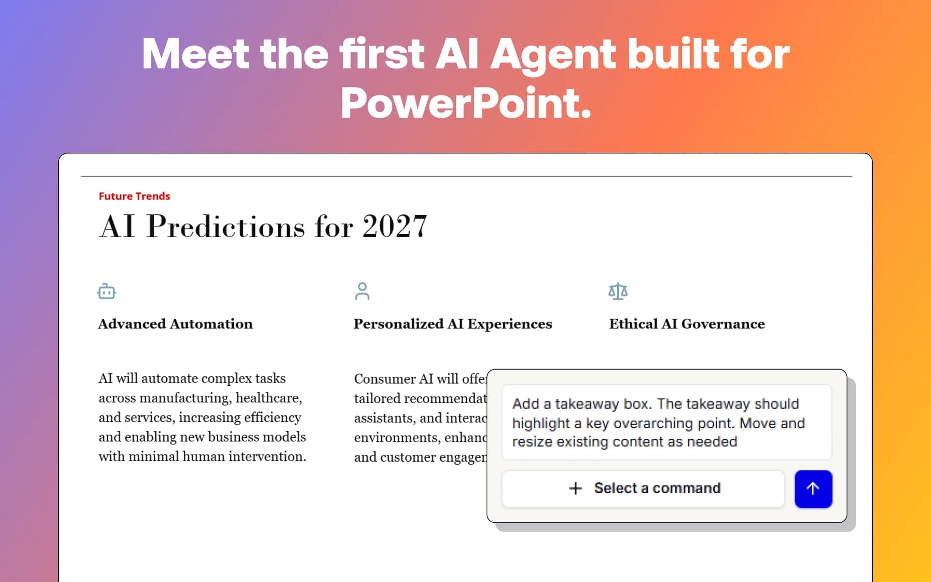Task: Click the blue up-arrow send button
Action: pos(813,488)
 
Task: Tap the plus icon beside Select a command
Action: pos(575,488)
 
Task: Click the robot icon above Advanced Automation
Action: pos(106,291)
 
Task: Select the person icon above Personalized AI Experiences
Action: pos(362,291)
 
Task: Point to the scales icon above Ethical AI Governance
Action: pos(618,291)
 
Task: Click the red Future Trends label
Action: pos(134,196)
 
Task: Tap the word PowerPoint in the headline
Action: pos(465,103)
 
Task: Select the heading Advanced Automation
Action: pos(175,323)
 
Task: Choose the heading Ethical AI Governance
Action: pos(687,323)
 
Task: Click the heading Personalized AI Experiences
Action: pos(452,323)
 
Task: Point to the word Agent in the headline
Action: pos(553,54)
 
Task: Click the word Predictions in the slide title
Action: pos(226,226)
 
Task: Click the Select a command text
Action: pos(657,488)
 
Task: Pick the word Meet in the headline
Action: pos(195,54)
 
